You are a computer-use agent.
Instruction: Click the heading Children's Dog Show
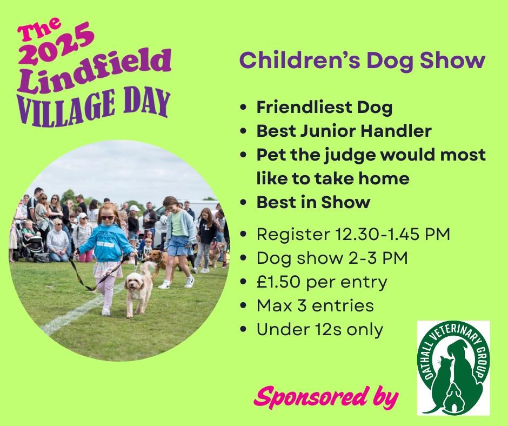click(362, 61)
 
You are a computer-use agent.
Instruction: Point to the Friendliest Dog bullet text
click(324, 107)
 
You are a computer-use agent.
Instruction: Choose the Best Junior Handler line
click(344, 131)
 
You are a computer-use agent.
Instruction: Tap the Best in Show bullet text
click(313, 202)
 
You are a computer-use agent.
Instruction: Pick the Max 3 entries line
click(315, 305)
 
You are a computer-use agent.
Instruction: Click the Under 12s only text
click(320, 329)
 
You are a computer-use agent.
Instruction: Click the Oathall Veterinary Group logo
click(453, 368)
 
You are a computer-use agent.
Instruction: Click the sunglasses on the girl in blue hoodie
click(107, 218)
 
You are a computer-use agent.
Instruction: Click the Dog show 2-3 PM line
click(332, 258)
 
